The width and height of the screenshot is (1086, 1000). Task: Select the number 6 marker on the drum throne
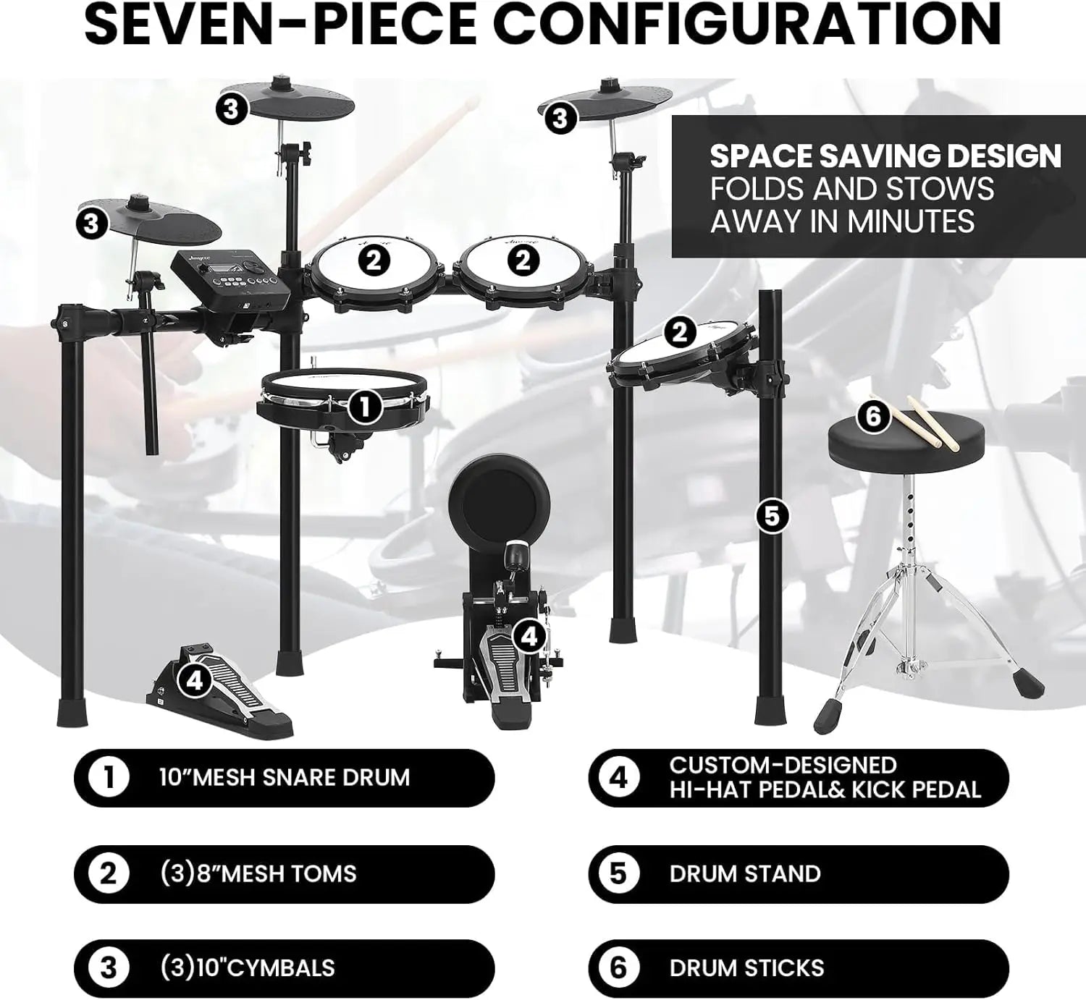pos(872,417)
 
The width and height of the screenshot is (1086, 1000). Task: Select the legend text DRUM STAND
pos(744,873)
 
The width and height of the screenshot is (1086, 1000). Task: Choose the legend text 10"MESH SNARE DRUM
pos(285,778)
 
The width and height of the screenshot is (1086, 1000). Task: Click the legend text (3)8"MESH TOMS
pos(258,873)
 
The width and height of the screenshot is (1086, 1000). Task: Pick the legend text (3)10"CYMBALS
pos(248,968)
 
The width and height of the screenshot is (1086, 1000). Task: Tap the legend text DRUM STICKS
pos(746,968)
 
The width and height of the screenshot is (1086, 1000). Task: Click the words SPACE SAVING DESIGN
pos(885,156)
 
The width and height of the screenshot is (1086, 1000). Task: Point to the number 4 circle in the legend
pos(618,778)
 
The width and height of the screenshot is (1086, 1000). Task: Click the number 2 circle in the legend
pos(108,873)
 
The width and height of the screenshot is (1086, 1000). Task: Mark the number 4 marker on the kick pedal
pos(529,637)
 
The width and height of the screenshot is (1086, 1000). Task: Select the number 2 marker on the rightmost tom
pos(679,333)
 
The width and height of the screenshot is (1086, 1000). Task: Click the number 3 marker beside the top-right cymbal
pos(560,118)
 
